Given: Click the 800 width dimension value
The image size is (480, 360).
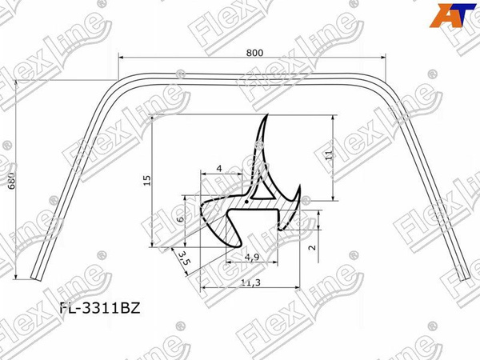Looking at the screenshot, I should (254, 52).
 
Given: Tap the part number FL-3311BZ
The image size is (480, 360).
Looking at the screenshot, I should (100, 306).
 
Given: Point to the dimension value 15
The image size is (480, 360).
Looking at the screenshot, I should (146, 181).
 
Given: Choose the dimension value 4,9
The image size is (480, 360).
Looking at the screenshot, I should (250, 258).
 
